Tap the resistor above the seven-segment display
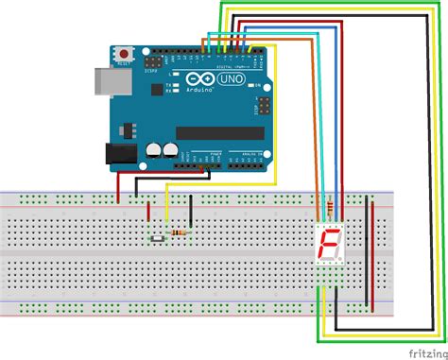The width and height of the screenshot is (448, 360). [329, 207]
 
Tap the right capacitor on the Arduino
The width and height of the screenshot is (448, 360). [170, 149]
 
